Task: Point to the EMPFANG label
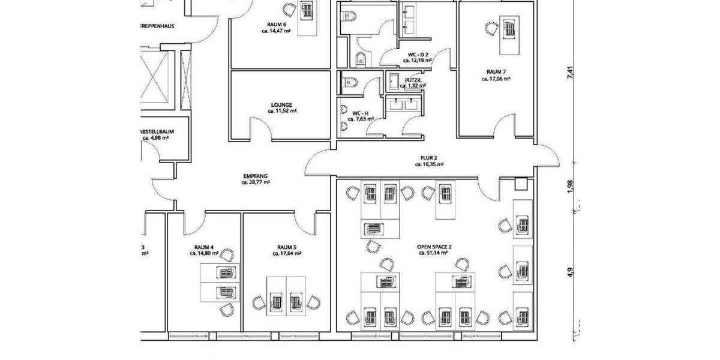tap(255, 175)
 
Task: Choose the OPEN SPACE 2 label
tap(434, 247)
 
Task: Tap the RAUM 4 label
tap(204, 247)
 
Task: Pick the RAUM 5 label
tap(286, 247)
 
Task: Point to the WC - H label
tap(360, 113)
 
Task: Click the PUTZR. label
tap(413, 79)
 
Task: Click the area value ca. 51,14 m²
tap(434, 253)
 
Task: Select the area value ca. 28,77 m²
tap(255, 182)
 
